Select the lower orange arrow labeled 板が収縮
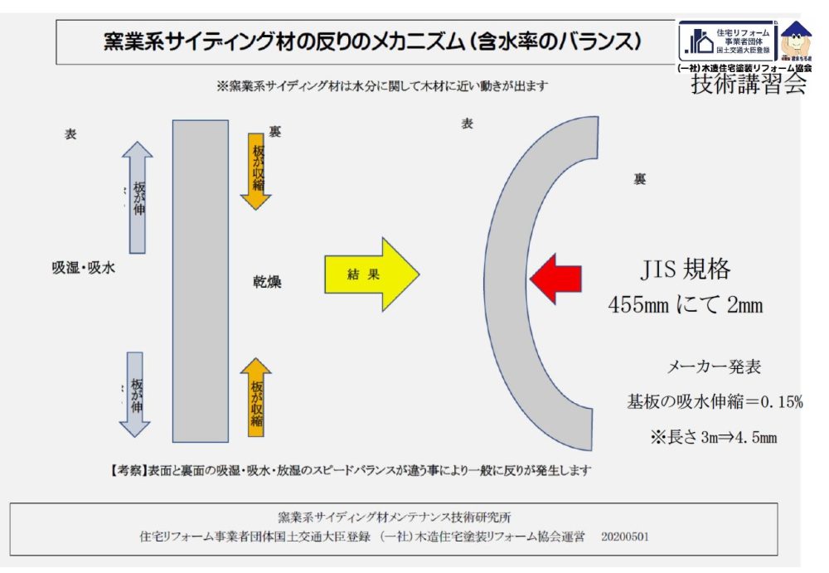[x=255, y=396]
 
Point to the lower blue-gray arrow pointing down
[x=135, y=394]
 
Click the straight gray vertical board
[x=200, y=281]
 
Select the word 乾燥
[x=267, y=282]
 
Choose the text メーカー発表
[x=714, y=367]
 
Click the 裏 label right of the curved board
[x=639, y=179]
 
